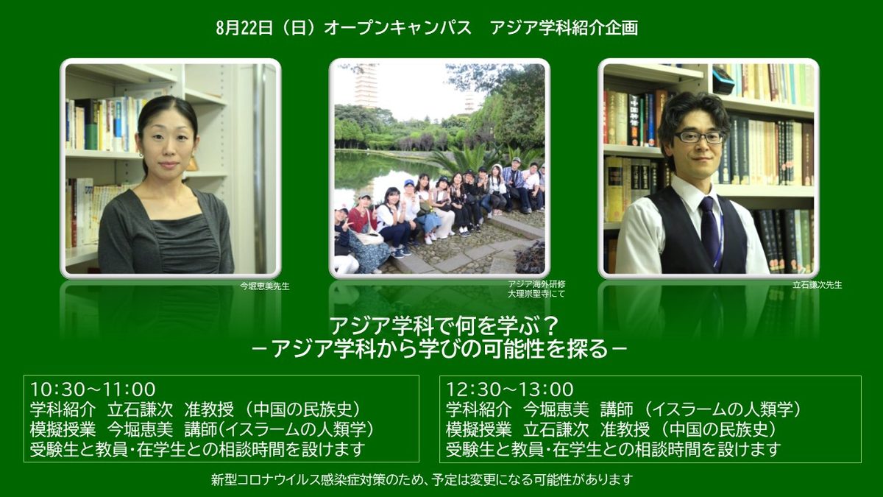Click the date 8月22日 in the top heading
[244, 28]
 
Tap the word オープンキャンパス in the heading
[397, 28]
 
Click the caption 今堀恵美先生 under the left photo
[264, 286]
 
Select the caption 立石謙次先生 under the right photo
[818, 285]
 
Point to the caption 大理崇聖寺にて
[536, 294]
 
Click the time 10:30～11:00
[93, 390]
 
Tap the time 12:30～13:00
[509, 390]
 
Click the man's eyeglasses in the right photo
[699, 137]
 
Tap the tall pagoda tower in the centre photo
[366, 85]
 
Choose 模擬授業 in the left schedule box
[63, 429]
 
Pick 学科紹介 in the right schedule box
[478, 409]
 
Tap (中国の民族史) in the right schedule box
[718, 429]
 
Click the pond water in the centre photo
[378, 174]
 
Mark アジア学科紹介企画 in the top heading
[564, 28]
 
